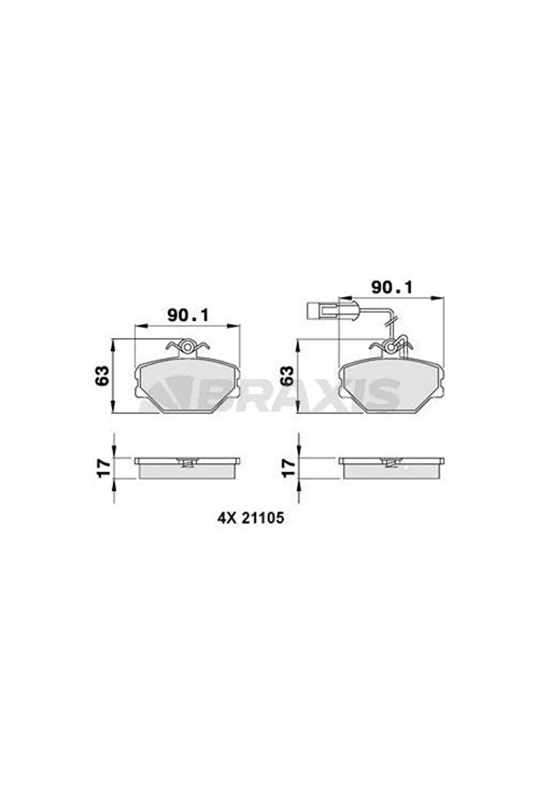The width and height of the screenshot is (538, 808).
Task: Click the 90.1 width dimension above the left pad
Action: point(187,315)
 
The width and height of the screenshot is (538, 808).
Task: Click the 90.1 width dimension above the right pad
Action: point(392,287)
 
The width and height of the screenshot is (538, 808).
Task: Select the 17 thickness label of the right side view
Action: point(286,468)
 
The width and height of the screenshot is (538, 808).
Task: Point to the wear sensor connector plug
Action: point(323,311)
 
